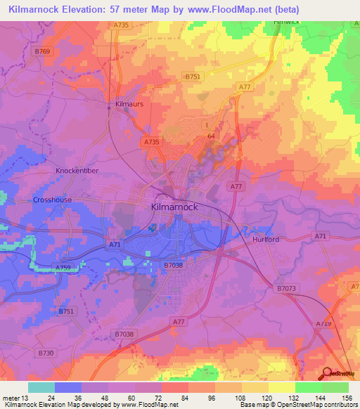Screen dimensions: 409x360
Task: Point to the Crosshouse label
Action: tap(52, 200)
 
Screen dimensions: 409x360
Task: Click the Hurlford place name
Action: tap(266, 240)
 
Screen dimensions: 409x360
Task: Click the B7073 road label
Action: tap(287, 288)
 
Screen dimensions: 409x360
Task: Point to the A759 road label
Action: tap(64, 268)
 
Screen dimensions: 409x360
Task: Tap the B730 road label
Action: tap(46, 352)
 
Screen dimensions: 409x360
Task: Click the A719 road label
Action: tap(323, 323)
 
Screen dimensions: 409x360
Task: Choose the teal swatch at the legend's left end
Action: tap(41, 387)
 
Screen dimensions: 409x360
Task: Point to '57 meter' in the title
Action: tap(131, 10)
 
